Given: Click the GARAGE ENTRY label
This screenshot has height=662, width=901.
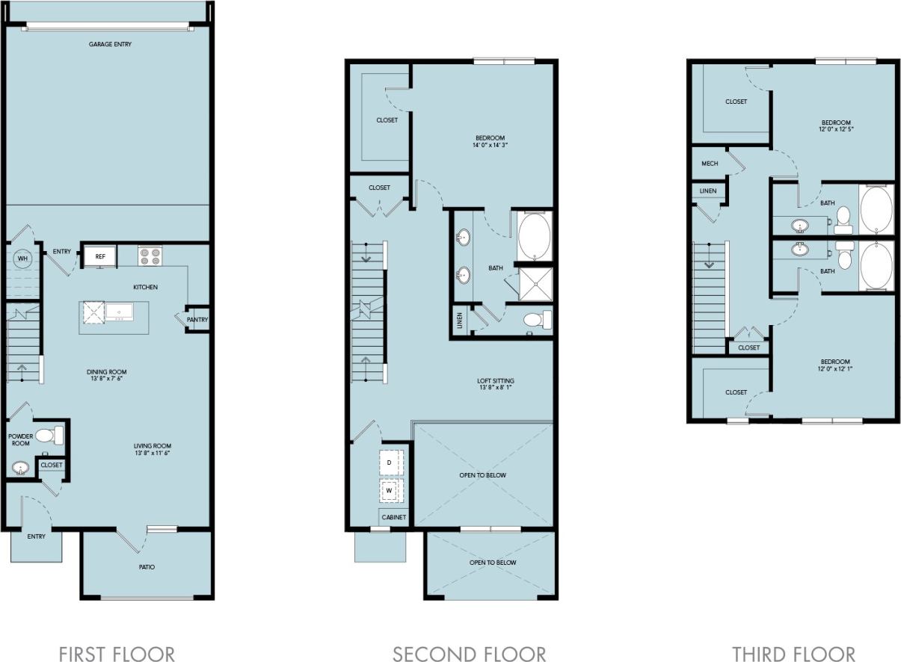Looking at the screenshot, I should click(x=110, y=45).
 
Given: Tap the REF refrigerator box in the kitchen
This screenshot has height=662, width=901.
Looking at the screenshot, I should click(x=99, y=256).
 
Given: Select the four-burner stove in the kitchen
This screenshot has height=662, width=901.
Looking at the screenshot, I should click(x=150, y=256).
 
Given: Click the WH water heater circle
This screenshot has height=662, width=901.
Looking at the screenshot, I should click(x=22, y=259).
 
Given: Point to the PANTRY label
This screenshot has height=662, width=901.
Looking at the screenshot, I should click(x=197, y=320).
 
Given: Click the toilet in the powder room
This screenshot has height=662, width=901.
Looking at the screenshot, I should click(x=49, y=435).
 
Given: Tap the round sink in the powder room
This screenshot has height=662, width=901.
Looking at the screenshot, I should click(x=20, y=468).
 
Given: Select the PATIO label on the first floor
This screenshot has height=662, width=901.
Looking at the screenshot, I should click(x=147, y=567).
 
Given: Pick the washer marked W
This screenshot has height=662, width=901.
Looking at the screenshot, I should click(x=390, y=492).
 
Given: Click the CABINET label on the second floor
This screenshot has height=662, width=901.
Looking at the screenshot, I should click(x=394, y=517).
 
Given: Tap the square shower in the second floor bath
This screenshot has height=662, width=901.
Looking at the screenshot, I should click(x=535, y=282).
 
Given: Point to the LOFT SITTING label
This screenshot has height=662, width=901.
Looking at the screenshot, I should click(x=496, y=381).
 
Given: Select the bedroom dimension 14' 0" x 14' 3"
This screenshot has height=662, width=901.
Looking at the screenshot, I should click(x=490, y=146).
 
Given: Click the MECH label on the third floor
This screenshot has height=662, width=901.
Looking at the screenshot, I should click(x=710, y=164).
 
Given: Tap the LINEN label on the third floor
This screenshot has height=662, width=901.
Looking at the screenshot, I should click(x=707, y=191).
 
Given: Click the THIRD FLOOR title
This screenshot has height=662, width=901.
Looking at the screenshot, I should click(x=793, y=654).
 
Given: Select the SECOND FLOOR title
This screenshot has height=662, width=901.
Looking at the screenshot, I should click(x=469, y=654).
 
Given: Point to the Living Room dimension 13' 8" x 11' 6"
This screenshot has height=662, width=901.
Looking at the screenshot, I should click(x=155, y=454).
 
